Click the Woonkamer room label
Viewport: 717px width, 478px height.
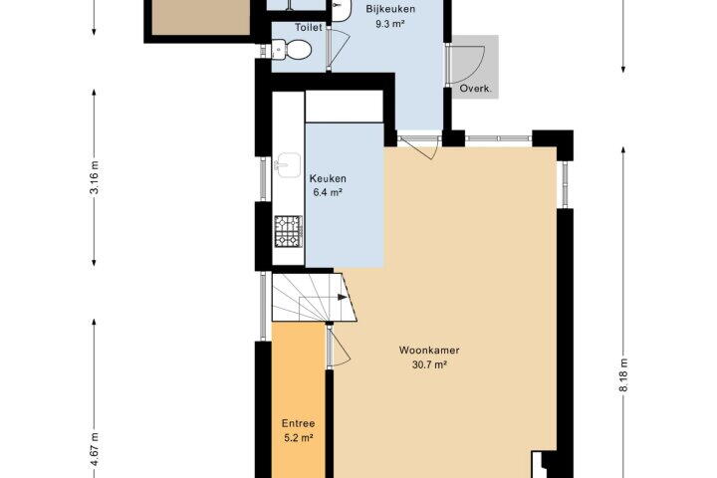429,351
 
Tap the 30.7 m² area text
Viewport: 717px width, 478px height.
429,365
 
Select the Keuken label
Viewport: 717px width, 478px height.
328,178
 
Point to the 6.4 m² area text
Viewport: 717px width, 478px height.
328,192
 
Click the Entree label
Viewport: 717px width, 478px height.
298,423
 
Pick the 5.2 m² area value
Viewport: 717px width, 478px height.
299,438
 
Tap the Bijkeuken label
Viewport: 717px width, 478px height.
390,9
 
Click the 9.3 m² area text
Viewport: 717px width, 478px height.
390,24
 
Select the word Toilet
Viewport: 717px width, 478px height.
308,28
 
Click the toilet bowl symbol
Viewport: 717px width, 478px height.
293,49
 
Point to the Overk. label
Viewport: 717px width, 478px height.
476,89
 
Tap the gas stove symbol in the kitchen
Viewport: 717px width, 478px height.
288,231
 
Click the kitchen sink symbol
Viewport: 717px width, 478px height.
287,165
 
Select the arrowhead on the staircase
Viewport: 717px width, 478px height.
342,298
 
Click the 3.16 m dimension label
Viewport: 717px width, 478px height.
95,177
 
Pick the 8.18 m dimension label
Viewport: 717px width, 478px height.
622,375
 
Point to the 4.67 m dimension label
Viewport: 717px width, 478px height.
95,450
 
